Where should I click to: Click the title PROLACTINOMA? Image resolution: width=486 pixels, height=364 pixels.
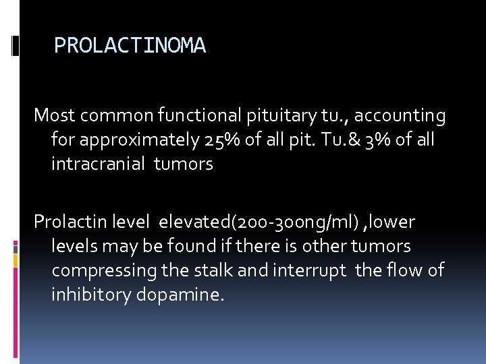point(130,46)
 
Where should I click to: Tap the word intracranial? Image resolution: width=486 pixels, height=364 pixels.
point(99,164)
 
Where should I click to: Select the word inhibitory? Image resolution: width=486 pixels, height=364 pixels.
point(92,294)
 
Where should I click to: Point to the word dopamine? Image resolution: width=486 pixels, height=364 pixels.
point(181,294)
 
